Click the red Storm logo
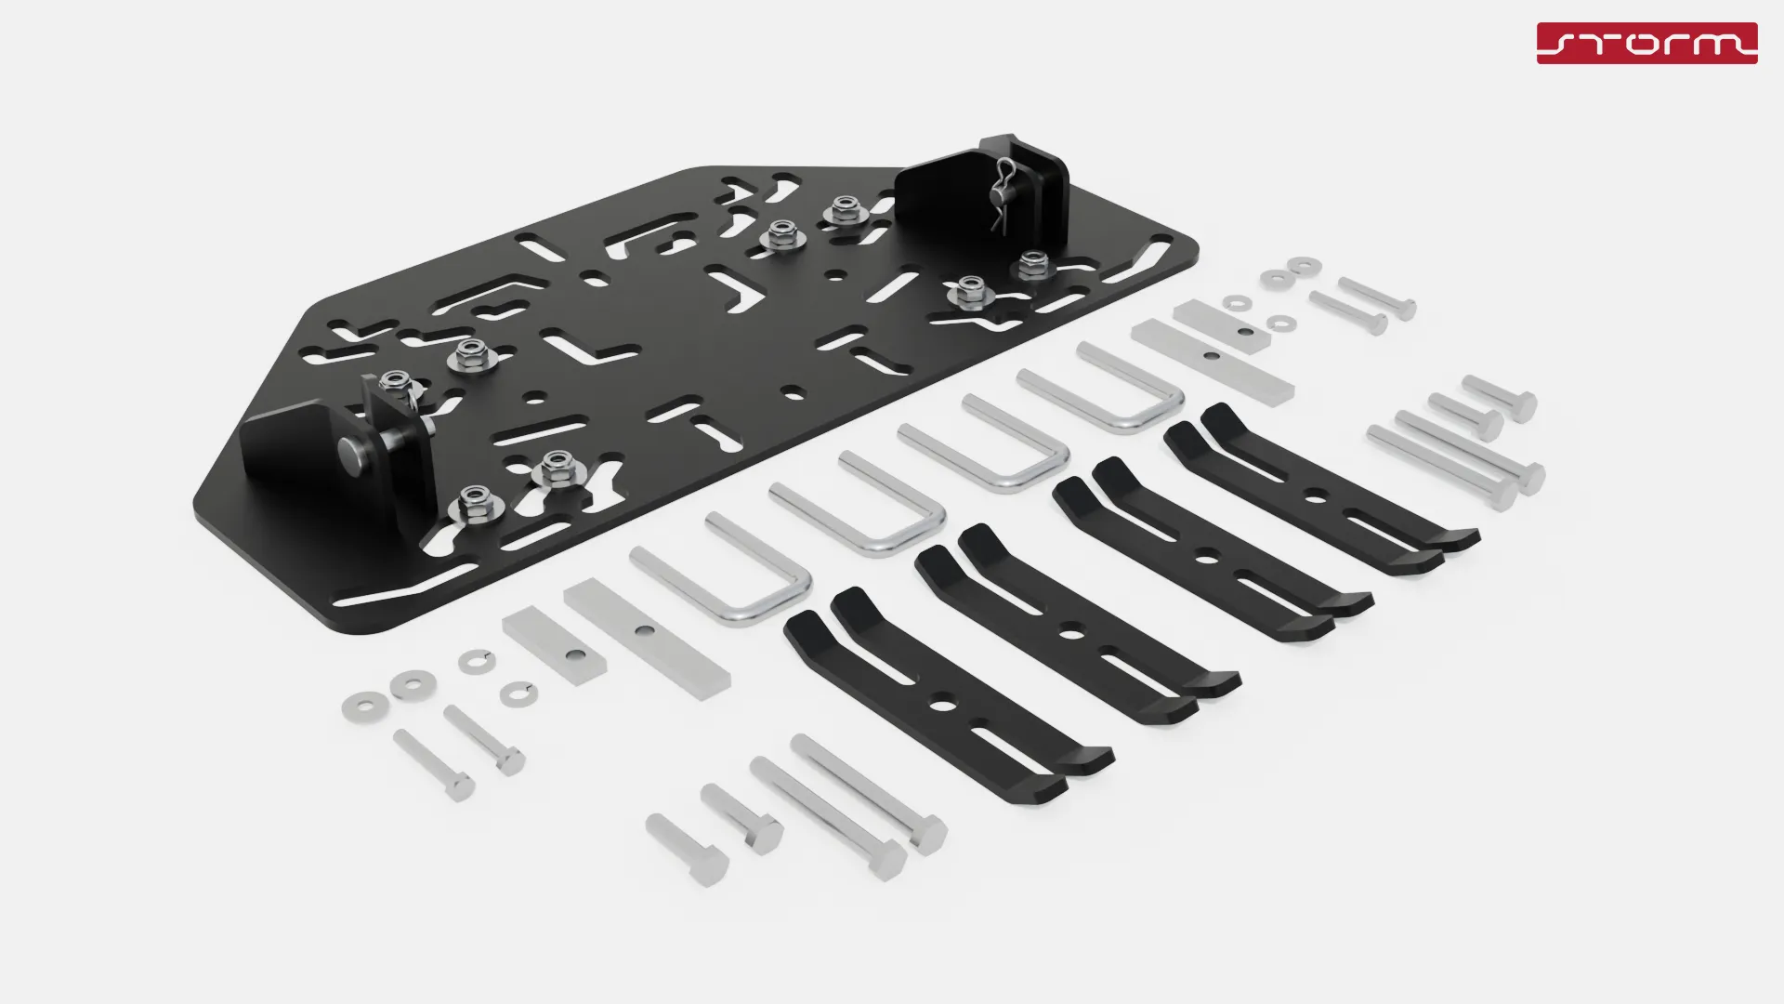[1646, 44]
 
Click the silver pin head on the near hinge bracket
[350, 454]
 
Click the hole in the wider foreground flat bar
[641, 632]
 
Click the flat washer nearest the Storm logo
[1305, 266]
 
